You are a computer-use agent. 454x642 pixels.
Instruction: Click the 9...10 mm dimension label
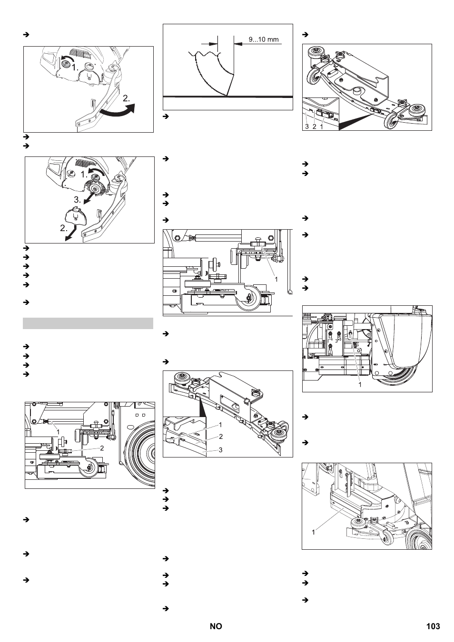click(x=263, y=39)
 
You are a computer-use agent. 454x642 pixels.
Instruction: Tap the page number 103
click(x=433, y=626)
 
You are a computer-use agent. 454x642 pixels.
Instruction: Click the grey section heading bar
click(x=88, y=323)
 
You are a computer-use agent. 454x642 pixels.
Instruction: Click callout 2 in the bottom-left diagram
click(x=101, y=447)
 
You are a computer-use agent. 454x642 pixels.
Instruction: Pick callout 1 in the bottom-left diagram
click(x=58, y=432)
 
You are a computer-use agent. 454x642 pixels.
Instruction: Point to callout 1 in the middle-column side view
click(x=276, y=280)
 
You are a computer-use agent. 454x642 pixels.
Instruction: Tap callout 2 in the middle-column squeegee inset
click(x=220, y=437)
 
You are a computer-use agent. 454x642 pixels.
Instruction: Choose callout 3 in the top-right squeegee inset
click(x=307, y=126)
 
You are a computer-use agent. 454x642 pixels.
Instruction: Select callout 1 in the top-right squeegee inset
click(x=322, y=126)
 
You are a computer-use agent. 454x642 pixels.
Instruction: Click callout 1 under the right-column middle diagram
click(x=360, y=384)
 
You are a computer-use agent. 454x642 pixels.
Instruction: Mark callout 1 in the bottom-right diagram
click(x=314, y=532)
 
